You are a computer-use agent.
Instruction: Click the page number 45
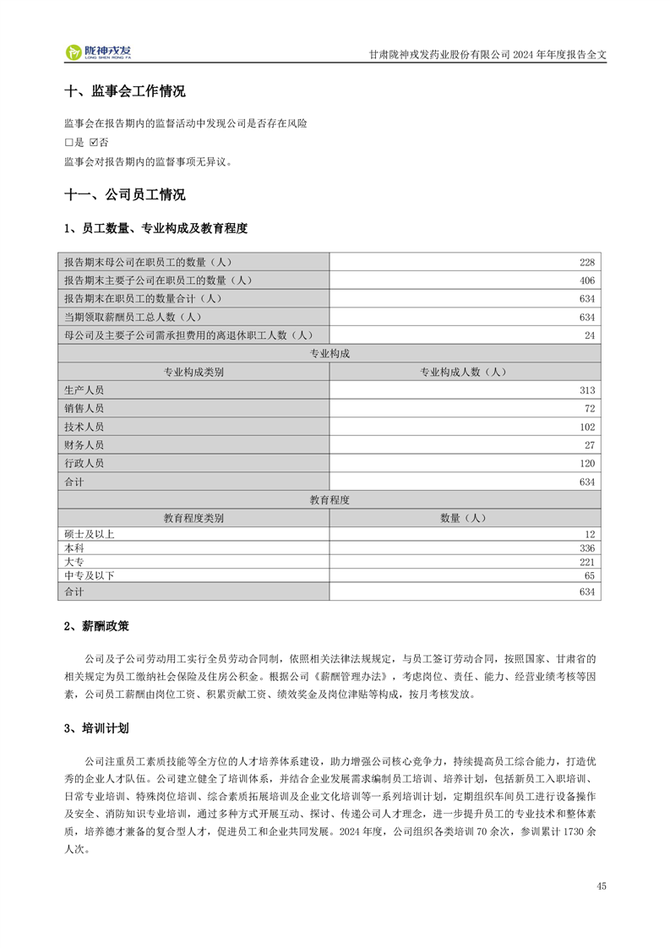pos(601,886)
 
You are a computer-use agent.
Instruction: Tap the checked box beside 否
pos(94,142)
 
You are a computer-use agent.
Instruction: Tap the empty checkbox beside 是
pos(68,142)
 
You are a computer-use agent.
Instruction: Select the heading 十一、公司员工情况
pos(125,195)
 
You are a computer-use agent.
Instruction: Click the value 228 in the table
pos(588,262)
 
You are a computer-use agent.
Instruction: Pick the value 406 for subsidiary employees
pos(588,281)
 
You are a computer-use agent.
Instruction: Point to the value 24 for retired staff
pos(591,335)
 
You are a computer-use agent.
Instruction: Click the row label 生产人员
pos(84,390)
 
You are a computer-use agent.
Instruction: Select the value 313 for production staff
pos(588,390)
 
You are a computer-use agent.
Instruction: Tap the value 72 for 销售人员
pos(591,409)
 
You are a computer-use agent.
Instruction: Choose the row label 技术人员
pos(84,428)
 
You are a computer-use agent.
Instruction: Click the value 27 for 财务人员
pos(591,445)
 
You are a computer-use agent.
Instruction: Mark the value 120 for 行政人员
pos(588,464)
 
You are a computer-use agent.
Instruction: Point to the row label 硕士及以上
pos(89,534)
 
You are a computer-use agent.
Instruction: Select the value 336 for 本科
pos(588,548)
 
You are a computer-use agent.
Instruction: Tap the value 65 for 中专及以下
pos(591,575)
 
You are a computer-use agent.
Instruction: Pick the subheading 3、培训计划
pos(97,727)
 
